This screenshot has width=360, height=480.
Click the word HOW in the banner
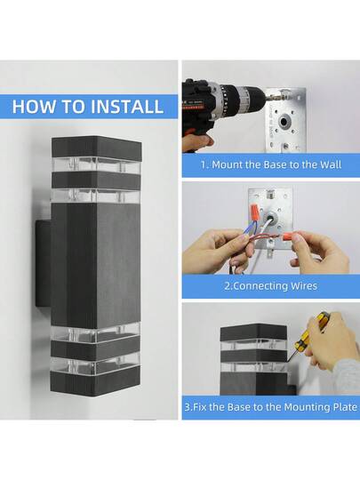click(36, 108)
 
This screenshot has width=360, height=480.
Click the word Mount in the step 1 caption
click(228, 165)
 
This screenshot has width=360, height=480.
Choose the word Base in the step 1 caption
click(277, 165)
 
